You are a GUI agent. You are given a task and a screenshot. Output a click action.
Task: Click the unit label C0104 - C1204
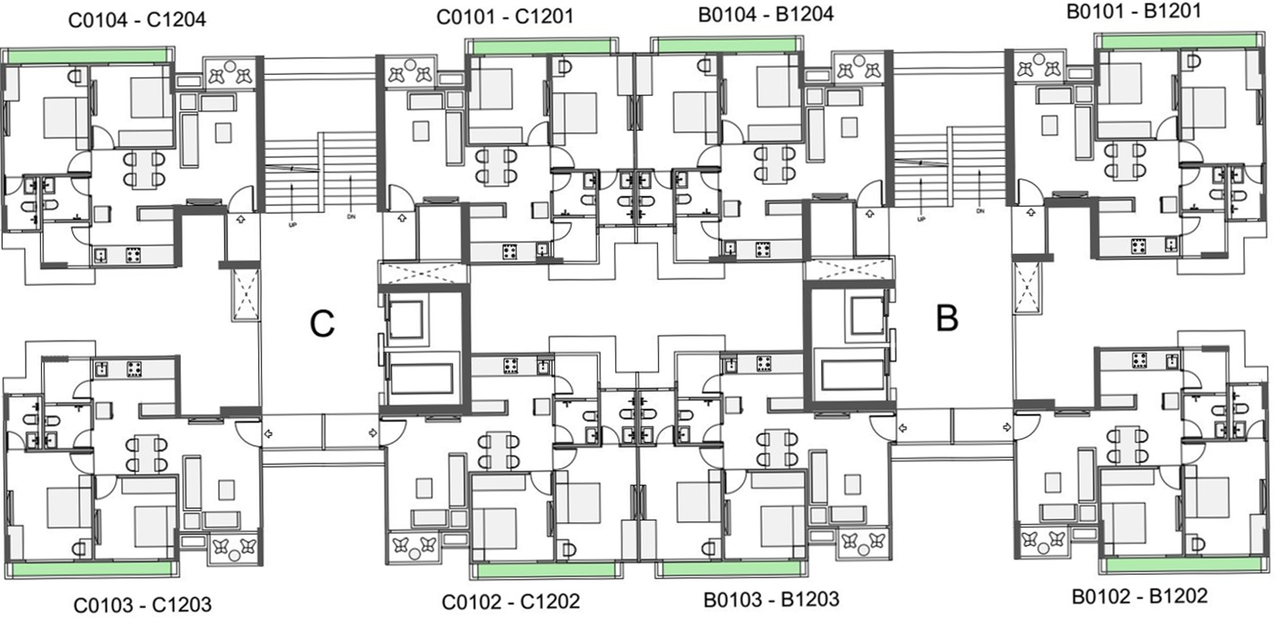coord(137,20)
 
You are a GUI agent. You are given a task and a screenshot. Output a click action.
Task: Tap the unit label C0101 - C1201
coord(505,16)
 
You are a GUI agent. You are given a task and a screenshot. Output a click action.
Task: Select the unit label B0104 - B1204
coord(766,14)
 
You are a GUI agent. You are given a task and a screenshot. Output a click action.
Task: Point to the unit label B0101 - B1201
coord(1134,11)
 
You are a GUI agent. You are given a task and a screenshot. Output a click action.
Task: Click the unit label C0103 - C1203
coord(142,605)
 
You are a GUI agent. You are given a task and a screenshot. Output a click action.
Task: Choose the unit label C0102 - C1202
coord(511,602)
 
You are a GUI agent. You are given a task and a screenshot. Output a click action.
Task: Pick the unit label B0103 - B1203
coord(771,599)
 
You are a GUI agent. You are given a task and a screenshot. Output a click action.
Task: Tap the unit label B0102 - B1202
coord(1140,596)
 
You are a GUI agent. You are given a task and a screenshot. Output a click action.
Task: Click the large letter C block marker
coord(322,323)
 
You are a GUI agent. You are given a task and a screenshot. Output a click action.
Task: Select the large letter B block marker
coord(947,318)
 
